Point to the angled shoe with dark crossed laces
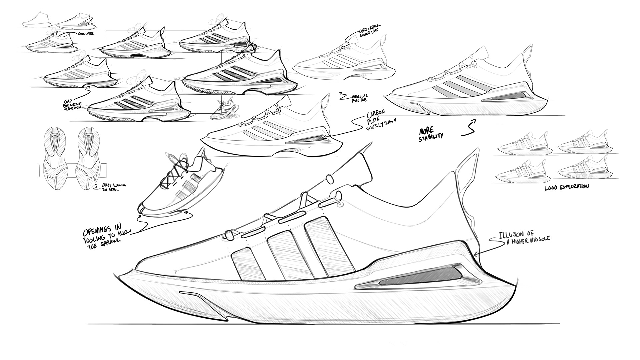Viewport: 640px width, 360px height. click(x=173, y=187)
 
